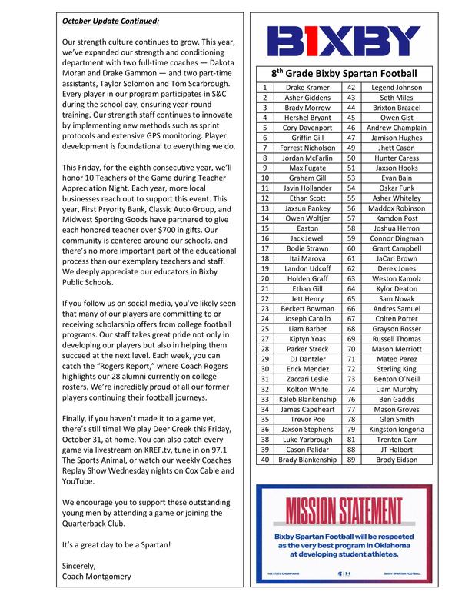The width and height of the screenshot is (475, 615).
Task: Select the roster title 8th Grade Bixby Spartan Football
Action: (354, 74)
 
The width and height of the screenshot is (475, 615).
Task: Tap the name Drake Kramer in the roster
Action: (307, 88)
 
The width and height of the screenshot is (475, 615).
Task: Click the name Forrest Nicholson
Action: (307, 148)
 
